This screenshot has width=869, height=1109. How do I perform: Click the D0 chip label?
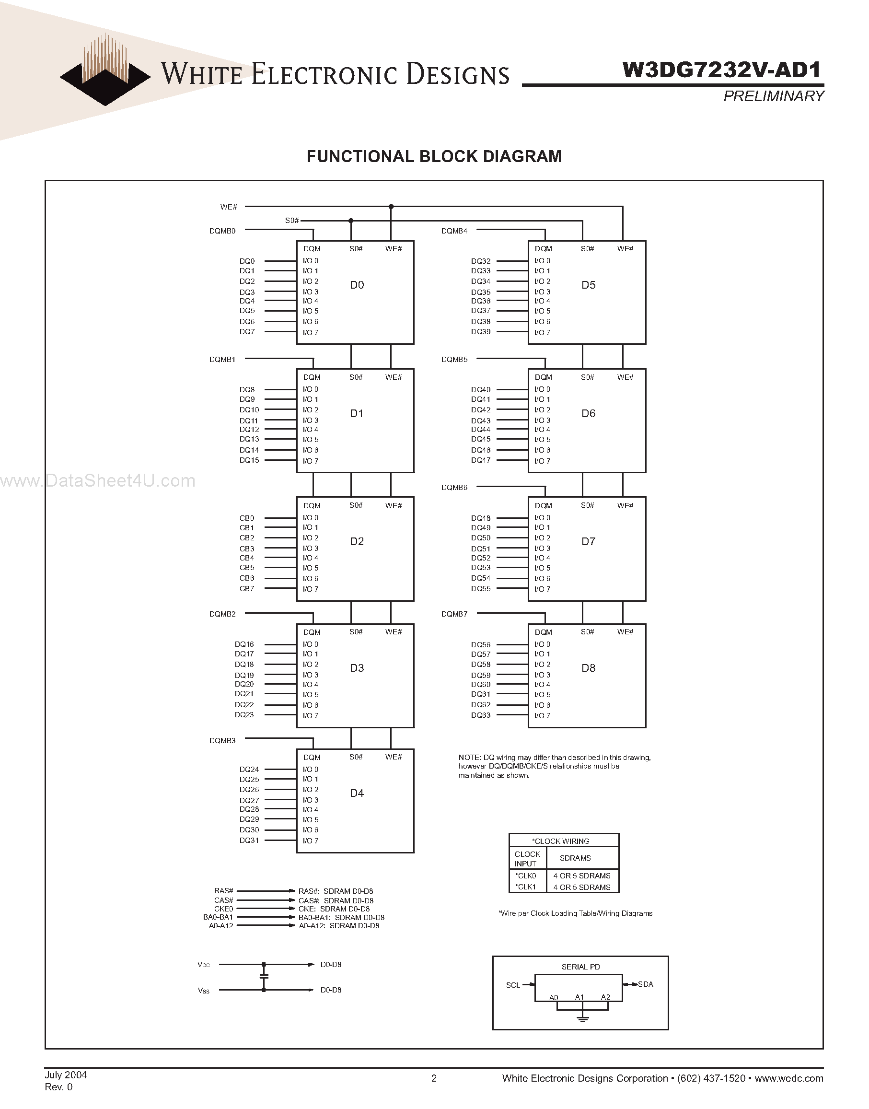point(357,285)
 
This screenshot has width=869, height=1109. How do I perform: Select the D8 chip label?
point(588,668)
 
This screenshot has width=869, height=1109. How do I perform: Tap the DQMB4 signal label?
point(454,231)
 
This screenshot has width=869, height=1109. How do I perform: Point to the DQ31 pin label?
point(249,841)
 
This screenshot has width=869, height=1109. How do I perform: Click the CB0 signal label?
point(247,518)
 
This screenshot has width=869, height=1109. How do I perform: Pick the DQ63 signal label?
point(481,715)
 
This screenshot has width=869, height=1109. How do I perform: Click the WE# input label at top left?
point(229,207)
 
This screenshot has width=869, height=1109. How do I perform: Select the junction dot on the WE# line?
point(391,207)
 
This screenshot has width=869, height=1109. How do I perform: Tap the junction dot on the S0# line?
point(350,221)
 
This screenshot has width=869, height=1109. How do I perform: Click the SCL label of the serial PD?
point(513,985)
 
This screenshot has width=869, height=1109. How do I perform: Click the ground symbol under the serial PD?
point(583,1018)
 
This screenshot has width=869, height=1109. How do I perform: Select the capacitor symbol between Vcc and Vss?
point(264,977)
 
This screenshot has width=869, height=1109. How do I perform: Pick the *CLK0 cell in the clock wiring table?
point(526,876)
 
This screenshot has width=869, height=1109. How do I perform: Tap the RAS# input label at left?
point(223,891)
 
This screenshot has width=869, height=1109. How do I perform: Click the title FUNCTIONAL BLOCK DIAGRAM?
point(434,156)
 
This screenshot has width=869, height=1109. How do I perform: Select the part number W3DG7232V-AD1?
point(721,70)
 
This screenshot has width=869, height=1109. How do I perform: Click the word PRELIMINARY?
point(773,96)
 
